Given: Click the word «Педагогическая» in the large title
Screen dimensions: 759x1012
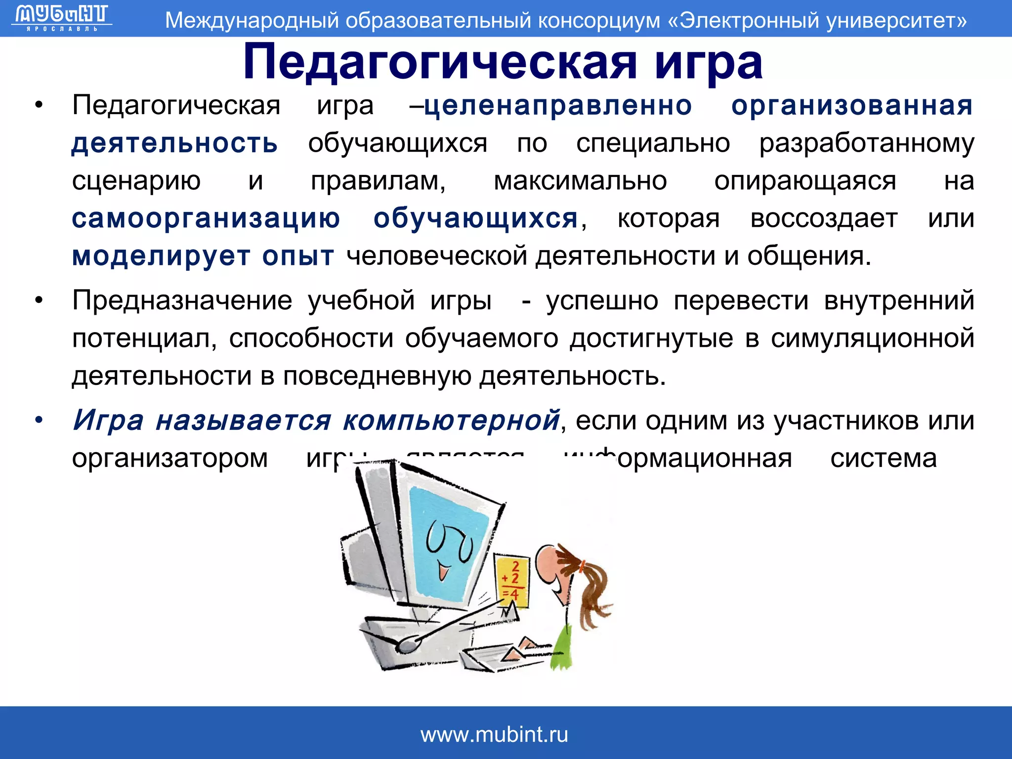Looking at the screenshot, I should [x=440, y=63].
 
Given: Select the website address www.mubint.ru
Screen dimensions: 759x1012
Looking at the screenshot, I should [x=494, y=735].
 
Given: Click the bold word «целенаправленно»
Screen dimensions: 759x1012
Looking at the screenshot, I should [x=558, y=106].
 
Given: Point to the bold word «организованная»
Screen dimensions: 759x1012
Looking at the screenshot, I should [x=852, y=106].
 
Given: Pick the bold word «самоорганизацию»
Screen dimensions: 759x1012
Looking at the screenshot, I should [x=206, y=218].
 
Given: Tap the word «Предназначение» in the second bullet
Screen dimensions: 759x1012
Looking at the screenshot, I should [x=182, y=300].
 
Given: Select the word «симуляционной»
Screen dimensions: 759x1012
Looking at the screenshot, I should [x=872, y=338].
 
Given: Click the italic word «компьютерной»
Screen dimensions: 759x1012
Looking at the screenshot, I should [x=451, y=421].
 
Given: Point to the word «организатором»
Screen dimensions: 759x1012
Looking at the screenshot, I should [x=170, y=459].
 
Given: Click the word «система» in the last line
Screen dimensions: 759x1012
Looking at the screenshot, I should [x=883, y=459].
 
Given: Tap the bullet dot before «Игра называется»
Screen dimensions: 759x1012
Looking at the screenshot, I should [x=39, y=421].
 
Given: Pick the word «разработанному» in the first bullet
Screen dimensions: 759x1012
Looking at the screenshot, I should [x=866, y=144].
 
